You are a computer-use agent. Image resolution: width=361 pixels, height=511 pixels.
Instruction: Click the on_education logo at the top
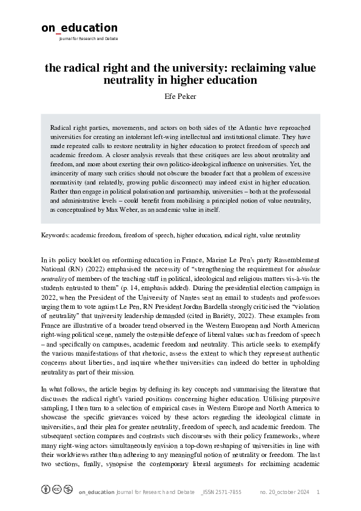pos(79,28)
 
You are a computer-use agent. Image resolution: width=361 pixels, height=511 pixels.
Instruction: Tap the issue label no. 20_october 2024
pos(285,492)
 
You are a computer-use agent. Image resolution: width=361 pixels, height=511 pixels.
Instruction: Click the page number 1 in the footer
pos(318,492)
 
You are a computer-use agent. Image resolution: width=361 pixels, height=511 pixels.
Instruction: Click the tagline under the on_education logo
pos(88,39)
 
